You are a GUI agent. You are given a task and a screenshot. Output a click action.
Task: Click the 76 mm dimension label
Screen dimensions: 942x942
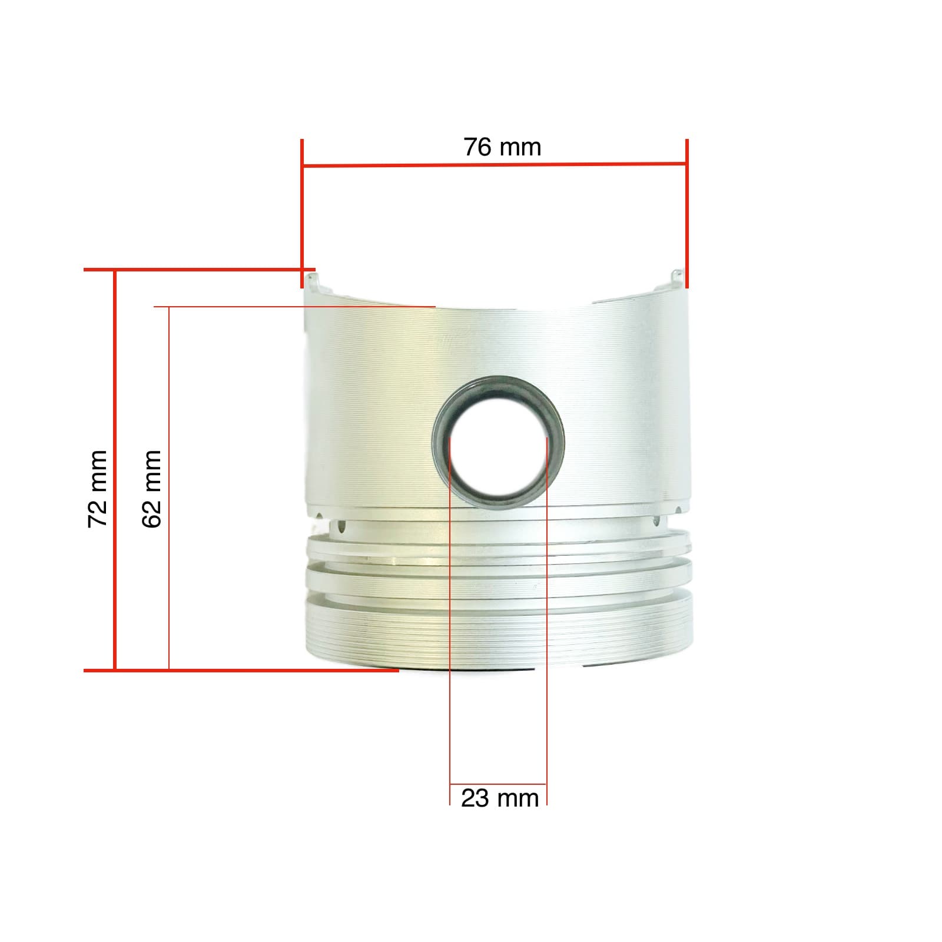click(502, 147)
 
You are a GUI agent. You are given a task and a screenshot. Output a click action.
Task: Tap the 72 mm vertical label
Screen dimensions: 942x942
click(97, 489)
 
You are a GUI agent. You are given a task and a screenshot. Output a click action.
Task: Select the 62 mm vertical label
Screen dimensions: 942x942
click(151, 489)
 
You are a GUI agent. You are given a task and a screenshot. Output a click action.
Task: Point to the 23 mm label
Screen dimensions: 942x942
click(499, 799)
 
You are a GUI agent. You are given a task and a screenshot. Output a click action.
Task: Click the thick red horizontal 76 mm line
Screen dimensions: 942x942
click(495, 165)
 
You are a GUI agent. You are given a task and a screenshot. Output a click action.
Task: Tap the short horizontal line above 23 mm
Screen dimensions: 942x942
click(498, 784)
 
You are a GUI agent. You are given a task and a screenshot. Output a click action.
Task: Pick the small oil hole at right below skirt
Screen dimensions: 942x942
click(656, 520)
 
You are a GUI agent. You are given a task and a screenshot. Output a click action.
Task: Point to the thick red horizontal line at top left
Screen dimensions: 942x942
click(194, 270)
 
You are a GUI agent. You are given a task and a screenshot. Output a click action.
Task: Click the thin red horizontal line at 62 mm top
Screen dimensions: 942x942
click(294, 307)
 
